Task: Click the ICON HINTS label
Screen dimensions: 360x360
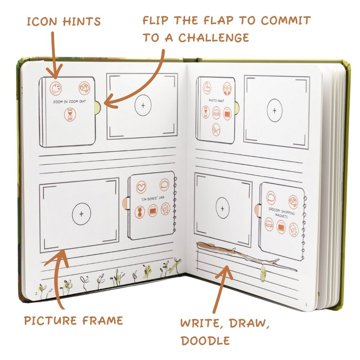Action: (x=63, y=22)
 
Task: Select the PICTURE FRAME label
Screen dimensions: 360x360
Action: (x=74, y=321)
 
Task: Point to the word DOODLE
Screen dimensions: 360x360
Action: (x=205, y=341)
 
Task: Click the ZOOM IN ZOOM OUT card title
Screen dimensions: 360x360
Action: (x=68, y=102)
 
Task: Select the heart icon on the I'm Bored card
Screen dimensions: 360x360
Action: (x=141, y=186)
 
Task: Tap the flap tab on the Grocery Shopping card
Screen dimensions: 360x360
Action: (x=257, y=209)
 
